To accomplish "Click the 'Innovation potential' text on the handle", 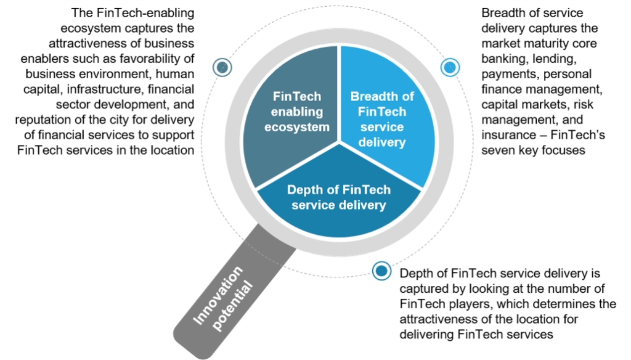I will pos(222,296).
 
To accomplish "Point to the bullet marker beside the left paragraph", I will pos(222,67).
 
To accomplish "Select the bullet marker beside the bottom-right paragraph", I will pos(382,270).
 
